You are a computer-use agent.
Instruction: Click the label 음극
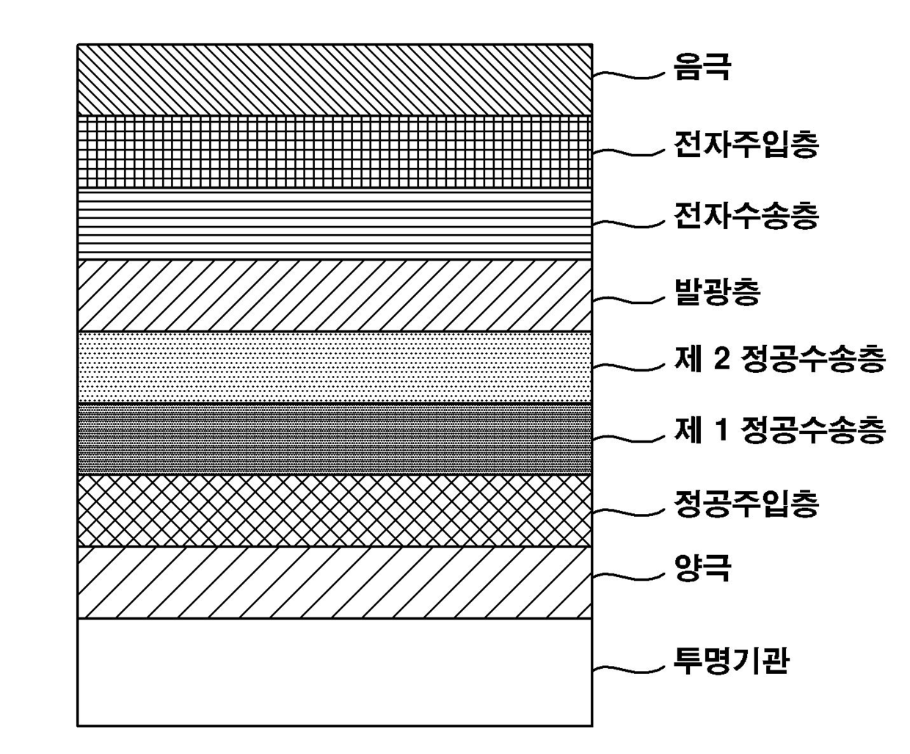(702, 68)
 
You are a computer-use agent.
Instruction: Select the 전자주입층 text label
(746, 145)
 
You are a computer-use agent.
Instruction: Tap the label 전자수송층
(746, 216)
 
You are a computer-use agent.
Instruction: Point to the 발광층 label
(717, 291)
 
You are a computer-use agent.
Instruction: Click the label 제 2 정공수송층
(779, 360)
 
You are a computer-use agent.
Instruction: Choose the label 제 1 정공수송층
(779, 431)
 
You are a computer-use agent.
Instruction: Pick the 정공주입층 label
(746, 504)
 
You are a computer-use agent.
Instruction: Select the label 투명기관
(731, 661)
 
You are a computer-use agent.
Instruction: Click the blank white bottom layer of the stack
(335, 672)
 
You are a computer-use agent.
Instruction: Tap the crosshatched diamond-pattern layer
(335, 510)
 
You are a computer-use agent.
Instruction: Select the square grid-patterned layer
(335, 151)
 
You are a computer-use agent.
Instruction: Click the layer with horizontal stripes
(335, 223)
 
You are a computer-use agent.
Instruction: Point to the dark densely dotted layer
(335, 438)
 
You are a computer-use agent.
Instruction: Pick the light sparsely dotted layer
(335, 367)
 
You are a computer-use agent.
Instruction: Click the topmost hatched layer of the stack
(335, 79)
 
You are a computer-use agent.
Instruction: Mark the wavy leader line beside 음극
(630, 74)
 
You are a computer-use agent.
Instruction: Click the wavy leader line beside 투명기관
(630, 667)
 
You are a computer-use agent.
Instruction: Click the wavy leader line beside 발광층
(630, 298)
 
